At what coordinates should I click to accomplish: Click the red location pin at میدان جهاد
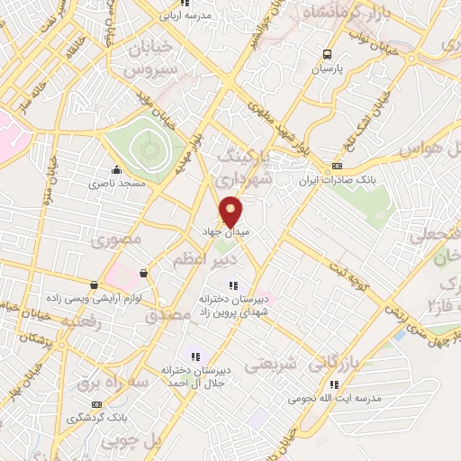click(x=232, y=211)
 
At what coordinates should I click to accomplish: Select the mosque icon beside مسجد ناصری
click(x=116, y=169)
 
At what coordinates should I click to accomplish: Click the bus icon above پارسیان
click(x=328, y=54)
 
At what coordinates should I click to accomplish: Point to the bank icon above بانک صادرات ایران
click(x=337, y=166)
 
